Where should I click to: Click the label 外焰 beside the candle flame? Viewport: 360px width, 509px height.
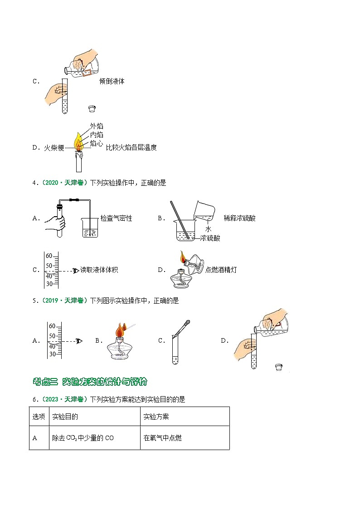(x=96, y=126)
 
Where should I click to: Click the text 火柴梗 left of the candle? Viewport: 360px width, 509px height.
(x=54, y=148)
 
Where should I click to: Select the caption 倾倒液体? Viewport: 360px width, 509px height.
(x=112, y=82)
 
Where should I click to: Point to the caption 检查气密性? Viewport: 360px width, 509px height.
(x=117, y=218)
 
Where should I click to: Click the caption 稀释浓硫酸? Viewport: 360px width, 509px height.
(x=239, y=218)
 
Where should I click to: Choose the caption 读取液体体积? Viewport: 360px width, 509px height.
(x=99, y=270)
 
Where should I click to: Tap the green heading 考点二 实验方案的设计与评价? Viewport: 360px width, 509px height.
(x=90, y=382)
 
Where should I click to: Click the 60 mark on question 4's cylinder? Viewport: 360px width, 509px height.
(x=49, y=255)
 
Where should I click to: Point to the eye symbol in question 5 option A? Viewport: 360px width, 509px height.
(x=80, y=341)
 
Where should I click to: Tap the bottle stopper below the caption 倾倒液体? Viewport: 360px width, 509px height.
(x=92, y=109)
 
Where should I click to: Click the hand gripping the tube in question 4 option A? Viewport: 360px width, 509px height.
(x=56, y=223)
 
